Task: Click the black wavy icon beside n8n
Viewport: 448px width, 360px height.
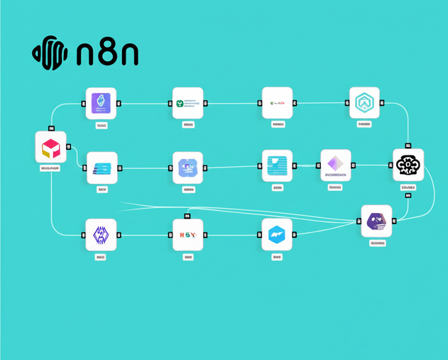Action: click(50, 53)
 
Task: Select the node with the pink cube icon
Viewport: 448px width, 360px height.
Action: click(50, 147)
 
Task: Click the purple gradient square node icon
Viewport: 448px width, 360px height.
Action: click(101, 103)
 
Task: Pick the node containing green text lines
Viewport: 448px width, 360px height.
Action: click(188, 103)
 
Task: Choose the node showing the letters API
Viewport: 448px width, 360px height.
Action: click(277, 103)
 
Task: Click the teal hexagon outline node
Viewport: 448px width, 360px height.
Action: click(364, 103)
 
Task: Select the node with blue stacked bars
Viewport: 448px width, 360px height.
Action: click(102, 168)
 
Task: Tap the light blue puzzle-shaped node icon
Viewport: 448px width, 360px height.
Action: click(188, 168)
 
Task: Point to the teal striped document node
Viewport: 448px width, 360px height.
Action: click(277, 165)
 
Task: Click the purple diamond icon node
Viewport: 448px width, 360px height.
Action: click(335, 165)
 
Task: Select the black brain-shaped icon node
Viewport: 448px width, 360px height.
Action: click(408, 165)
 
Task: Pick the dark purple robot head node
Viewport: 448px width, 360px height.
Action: click(376, 221)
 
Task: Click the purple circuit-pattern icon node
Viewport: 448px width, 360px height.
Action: click(101, 234)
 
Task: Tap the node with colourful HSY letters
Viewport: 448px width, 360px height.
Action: click(188, 234)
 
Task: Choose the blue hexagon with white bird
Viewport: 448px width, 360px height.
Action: click(277, 234)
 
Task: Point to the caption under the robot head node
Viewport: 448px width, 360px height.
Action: click(377, 243)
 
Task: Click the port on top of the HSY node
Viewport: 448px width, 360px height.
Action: click(187, 215)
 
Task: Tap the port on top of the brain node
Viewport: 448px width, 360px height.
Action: click(408, 145)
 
